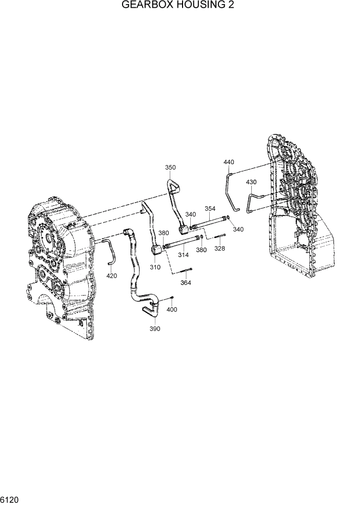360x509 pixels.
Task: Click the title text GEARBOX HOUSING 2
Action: [x=179, y=6]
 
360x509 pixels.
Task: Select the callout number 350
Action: [x=170, y=168]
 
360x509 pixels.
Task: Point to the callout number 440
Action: [x=229, y=162]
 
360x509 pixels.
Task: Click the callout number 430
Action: [x=251, y=182]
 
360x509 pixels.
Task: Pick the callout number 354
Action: [x=210, y=209]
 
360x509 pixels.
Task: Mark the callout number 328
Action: [x=219, y=248]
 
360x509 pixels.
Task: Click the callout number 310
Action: [x=155, y=267]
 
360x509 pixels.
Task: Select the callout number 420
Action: [x=111, y=276]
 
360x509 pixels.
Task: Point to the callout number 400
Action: [x=172, y=309]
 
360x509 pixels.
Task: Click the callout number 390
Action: [x=155, y=329]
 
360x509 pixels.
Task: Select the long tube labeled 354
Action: [x=210, y=221]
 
